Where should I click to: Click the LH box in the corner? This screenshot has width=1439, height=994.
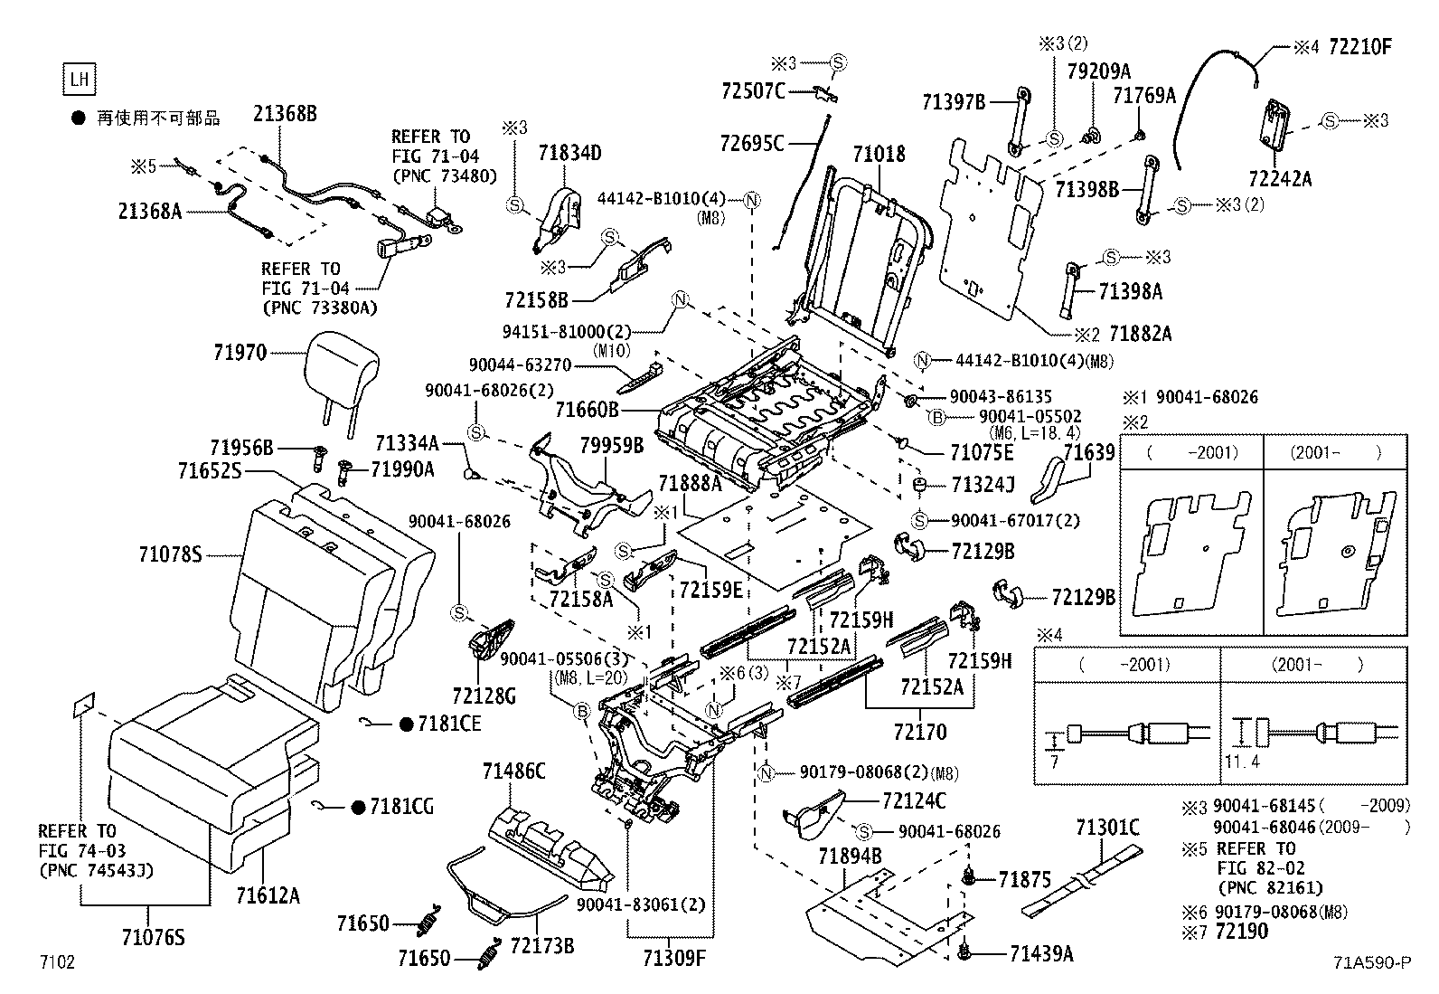pyautogui.click(x=80, y=80)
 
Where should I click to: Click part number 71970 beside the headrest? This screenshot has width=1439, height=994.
pyautogui.click(x=240, y=353)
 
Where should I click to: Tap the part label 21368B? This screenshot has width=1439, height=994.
pyautogui.click(x=285, y=114)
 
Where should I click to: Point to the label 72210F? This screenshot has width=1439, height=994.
pyautogui.click(x=1359, y=47)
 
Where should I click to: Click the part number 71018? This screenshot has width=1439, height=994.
pyautogui.click(x=878, y=155)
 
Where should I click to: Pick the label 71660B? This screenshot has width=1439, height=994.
pyautogui.click(x=587, y=410)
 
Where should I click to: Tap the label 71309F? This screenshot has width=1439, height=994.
pyautogui.click(x=672, y=957)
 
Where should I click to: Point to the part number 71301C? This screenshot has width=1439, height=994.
pyautogui.click(x=1107, y=827)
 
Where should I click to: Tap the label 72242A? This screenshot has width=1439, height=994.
pyautogui.click(x=1279, y=178)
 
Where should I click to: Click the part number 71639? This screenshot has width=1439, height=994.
pyautogui.click(x=1089, y=452)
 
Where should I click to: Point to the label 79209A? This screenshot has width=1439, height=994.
pyautogui.click(x=1098, y=71)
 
